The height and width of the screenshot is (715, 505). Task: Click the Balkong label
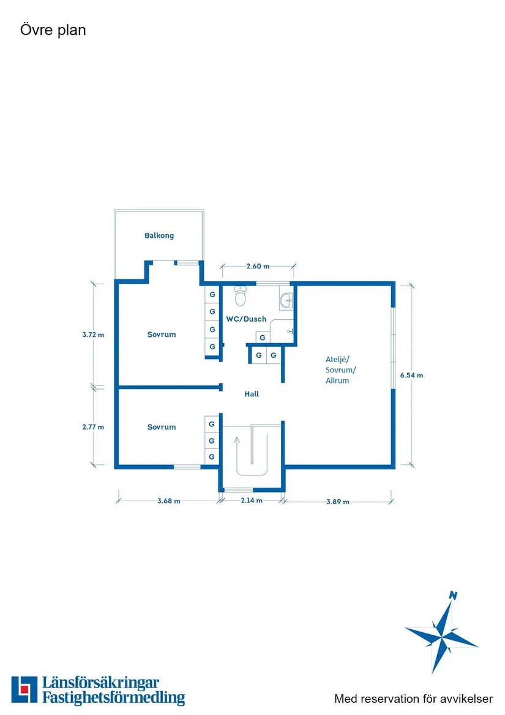point(159,236)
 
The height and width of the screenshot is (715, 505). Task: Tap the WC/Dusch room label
point(246,319)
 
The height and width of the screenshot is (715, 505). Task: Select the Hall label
point(252,394)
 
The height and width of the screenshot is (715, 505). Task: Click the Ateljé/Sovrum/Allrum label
point(340,370)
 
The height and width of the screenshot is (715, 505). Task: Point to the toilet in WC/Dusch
point(240,296)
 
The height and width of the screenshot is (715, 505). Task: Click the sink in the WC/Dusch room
point(286,300)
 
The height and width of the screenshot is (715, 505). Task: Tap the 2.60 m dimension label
point(258,267)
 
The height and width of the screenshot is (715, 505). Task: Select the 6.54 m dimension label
point(411,376)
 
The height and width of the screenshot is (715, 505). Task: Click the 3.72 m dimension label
point(93,335)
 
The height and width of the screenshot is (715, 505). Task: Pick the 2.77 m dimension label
point(93,427)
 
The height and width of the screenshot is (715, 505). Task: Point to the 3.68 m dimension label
point(168,501)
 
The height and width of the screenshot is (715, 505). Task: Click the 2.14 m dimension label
point(252,500)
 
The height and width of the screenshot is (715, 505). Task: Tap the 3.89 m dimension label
point(338,502)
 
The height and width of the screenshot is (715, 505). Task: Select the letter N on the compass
point(453,595)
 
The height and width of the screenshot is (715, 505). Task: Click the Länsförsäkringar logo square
point(24,689)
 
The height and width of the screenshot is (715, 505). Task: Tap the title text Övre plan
point(53,30)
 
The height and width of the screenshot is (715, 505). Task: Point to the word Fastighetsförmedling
point(113,698)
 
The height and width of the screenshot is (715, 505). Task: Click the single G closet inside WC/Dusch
point(263,338)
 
